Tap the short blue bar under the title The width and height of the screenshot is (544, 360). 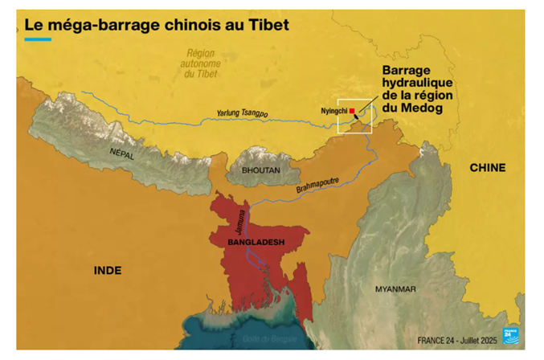pyautogui.click(x=38, y=39)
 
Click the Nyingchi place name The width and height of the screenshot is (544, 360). pyautogui.click(x=332, y=111)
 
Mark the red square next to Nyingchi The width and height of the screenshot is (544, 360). pyautogui.click(x=352, y=111)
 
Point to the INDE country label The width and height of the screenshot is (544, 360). pyautogui.click(x=108, y=270)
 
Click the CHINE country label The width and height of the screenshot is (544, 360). pyautogui.click(x=487, y=167)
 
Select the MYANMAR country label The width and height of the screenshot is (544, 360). pyautogui.click(x=395, y=288)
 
